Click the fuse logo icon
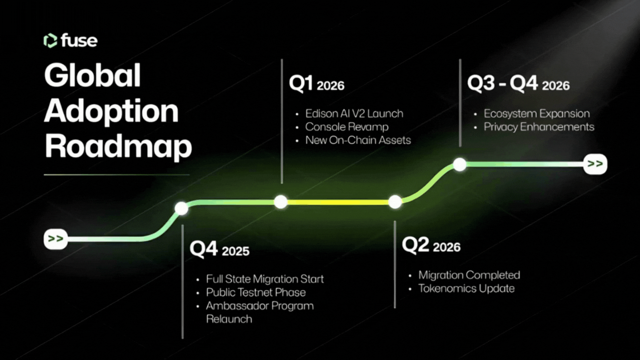[x=50, y=41]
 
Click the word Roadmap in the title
[x=118, y=147]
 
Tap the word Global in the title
[x=93, y=75]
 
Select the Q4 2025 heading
[x=220, y=249]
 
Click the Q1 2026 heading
[x=317, y=84]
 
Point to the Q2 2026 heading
[x=431, y=245]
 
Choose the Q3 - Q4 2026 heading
[x=518, y=84]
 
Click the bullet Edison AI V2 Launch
[x=354, y=114]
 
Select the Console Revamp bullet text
[x=347, y=127]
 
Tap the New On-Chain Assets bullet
[x=358, y=140]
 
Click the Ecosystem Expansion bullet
[x=537, y=114]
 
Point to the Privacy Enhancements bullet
[x=539, y=127]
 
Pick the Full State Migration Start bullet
[x=265, y=279]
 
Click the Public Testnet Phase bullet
[x=256, y=292]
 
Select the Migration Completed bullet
[x=469, y=275]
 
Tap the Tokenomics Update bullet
[x=467, y=289]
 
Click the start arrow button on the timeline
[x=56, y=239]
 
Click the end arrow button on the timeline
[x=595, y=164]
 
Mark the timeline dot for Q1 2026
[x=281, y=202]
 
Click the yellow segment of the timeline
[x=338, y=202]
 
